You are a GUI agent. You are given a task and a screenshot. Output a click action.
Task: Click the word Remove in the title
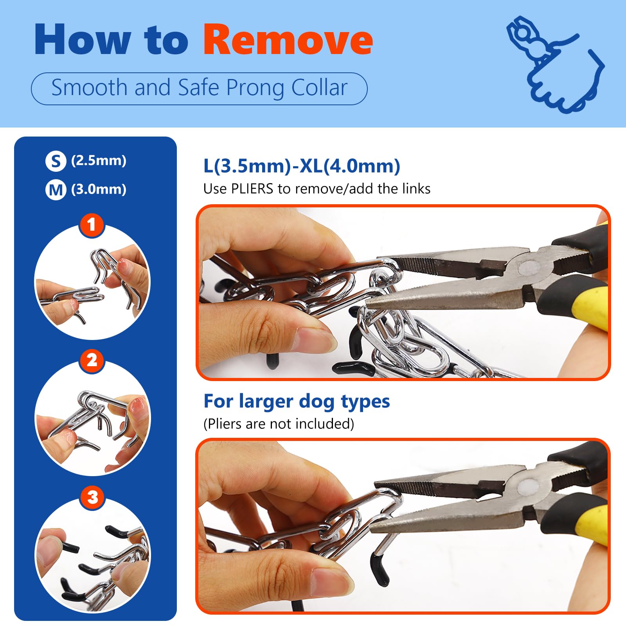coord(288,40)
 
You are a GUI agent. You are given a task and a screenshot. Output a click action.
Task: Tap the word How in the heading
coord(82,40)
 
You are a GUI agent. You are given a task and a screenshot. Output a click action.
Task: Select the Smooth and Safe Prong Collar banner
coord(199,88)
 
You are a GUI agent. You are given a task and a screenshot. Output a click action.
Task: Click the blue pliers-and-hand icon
coord(556,65)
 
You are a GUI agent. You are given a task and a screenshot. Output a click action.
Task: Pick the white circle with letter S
coord(56,161)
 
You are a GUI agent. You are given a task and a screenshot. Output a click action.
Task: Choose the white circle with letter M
coord(56,190)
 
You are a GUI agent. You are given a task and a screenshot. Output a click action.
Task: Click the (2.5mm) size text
coord(99,161)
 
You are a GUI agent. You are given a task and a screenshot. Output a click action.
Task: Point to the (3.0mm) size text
coord(99,190)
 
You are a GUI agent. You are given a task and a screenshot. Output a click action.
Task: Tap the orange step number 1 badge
coord(92,225)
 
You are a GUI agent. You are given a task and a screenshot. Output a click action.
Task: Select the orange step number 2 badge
coord(92,360)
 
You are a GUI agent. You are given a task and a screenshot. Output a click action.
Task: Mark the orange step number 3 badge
coord(92,498)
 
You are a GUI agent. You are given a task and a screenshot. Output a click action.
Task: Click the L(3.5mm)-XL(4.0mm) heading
coord(302,166)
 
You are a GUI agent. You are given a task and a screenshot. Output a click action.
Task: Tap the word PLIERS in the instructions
coord(252,189)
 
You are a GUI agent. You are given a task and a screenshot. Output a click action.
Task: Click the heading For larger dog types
coord(297,401)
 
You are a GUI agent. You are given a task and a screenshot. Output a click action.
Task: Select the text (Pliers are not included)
coord(279,424)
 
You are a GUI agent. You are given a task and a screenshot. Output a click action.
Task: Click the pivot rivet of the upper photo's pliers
coord(529,269)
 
